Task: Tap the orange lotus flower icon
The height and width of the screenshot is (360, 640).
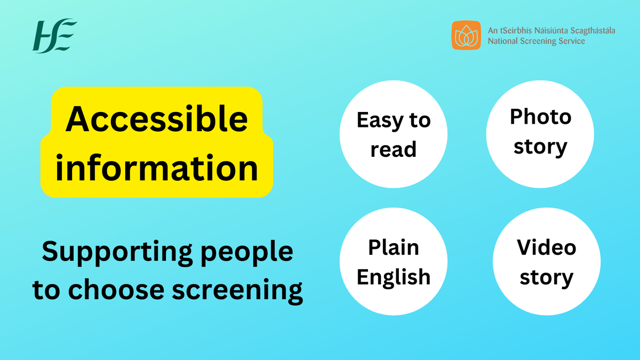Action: point(467,35)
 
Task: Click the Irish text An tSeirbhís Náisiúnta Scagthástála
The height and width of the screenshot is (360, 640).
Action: point(551,30)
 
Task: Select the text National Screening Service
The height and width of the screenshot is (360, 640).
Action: point(536,41)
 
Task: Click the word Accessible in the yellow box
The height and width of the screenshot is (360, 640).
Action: point(157,119)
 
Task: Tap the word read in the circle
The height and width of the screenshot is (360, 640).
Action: point(394,150)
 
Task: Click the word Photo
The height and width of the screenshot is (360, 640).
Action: point(540,116)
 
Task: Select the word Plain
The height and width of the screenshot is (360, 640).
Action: point(394,247)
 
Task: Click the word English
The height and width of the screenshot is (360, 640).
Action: point(394,277)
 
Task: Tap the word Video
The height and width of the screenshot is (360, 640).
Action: point(547,247)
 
